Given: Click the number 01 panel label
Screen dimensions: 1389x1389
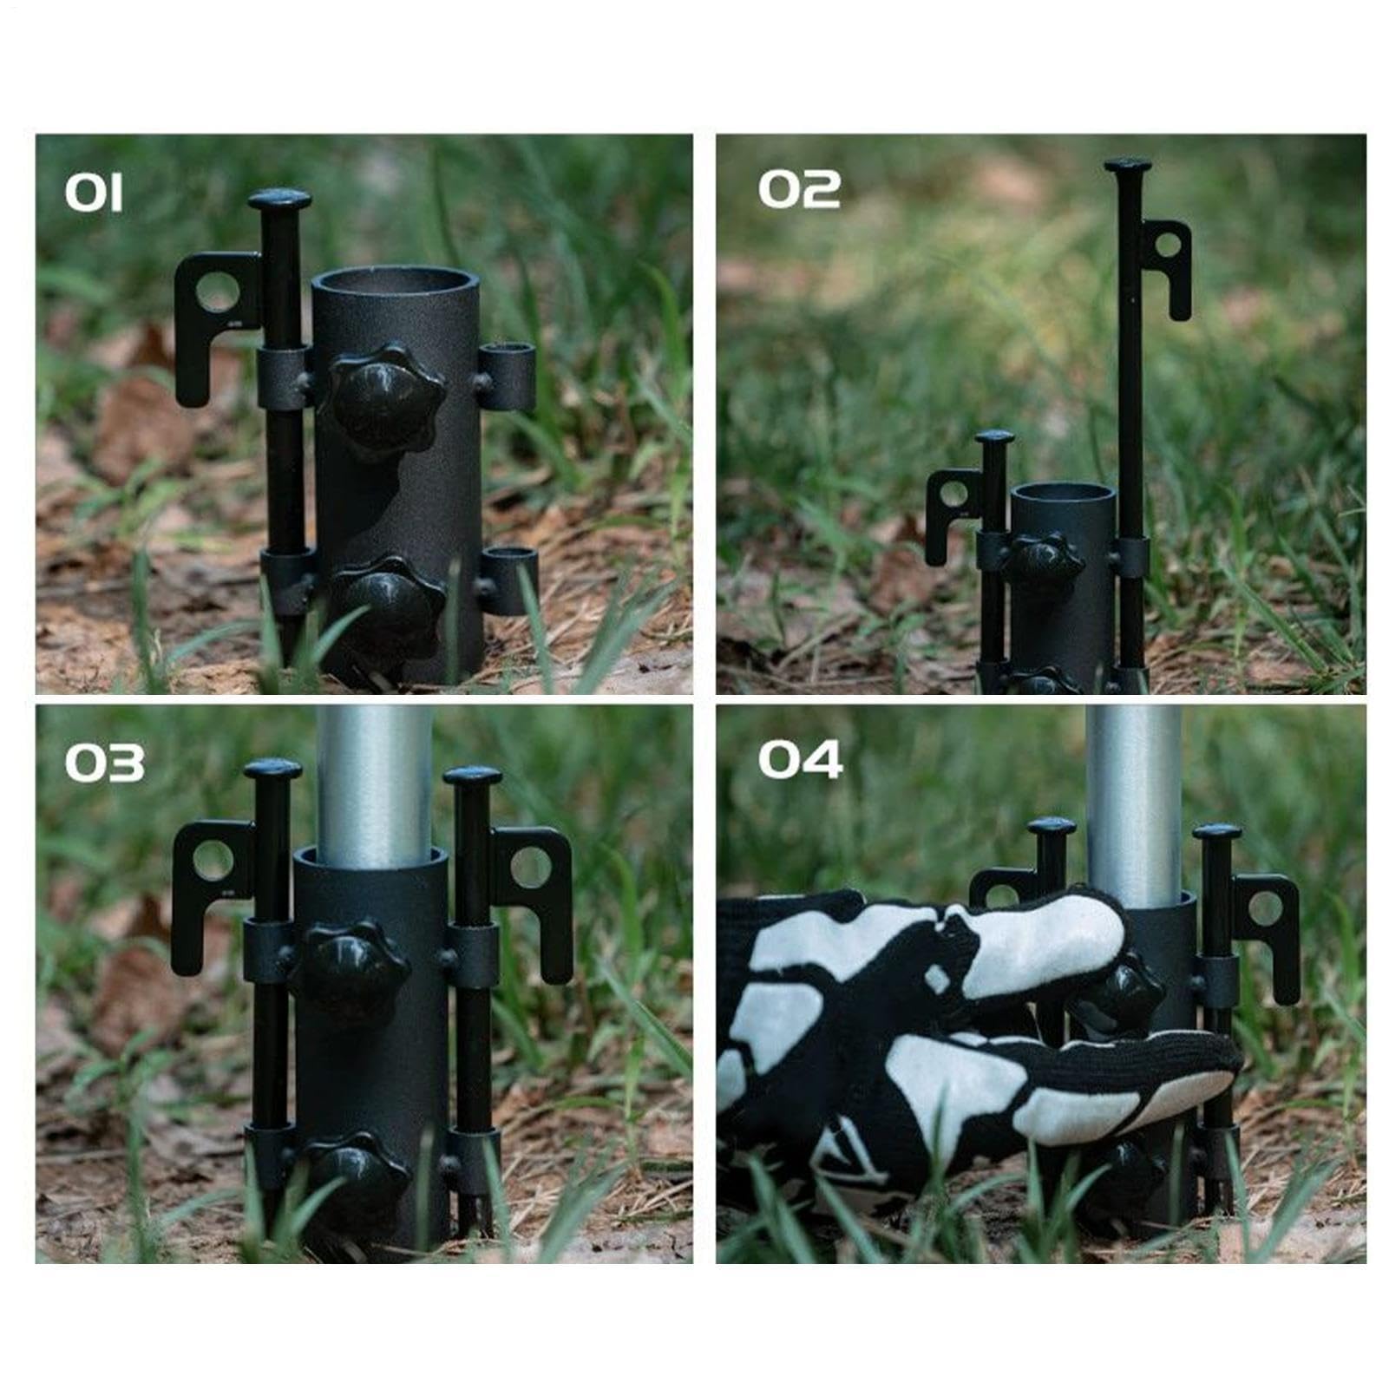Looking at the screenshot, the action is pyautogui.click(x=94, y=193).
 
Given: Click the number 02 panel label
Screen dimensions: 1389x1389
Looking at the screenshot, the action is pyautogui.click(x=799, y=189).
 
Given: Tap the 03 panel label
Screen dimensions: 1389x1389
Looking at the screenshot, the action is pyautogui.click(x=104, y=763).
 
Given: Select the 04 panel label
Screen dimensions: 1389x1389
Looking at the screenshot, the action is pyautogui.click(x=800, y=759).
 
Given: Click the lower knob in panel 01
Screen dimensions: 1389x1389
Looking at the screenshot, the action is pyautogui.click(x=387, y=605).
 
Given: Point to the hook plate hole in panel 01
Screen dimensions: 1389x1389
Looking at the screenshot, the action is pyautogui.click(x=215, y=292).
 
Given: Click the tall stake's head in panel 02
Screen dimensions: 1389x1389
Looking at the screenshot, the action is pyautogui.click(x=1127, y=165).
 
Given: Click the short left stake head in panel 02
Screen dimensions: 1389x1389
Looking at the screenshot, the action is pyautogui.click(x=994, y=438).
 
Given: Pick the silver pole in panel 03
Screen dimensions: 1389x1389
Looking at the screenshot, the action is pyautogui.click(x=375, y=779).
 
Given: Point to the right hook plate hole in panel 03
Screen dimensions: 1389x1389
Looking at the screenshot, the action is pyautogui.click(x=532, y=866).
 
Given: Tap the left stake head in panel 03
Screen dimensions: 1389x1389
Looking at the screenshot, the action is pyautogui.click(x=272, y=770).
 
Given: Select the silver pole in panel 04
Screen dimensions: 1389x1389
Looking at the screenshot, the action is pyautogui.click(x=1133, y=804).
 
